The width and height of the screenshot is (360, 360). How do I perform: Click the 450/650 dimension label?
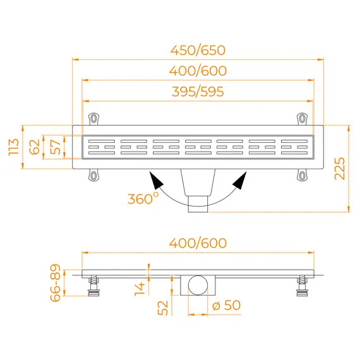coord(198,51)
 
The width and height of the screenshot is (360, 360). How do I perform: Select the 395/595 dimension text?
coord(198,92)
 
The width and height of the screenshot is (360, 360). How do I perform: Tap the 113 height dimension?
coord(13,147)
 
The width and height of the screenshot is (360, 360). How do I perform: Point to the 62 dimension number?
coord(35,147)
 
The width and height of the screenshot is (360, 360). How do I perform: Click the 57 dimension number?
coord(56,147)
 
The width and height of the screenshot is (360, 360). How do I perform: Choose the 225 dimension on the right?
coord(340,169)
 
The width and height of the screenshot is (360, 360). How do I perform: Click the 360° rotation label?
coord(143,198)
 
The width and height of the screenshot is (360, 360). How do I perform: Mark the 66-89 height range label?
coord(56,282)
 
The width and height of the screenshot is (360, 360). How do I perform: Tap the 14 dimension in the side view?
coord(140,289)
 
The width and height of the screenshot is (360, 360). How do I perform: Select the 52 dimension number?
coord(163,308)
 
